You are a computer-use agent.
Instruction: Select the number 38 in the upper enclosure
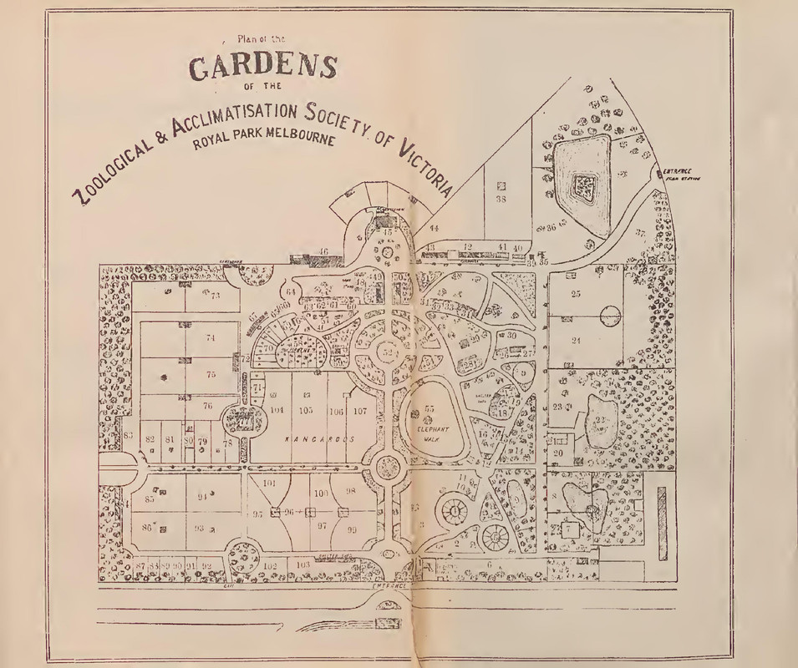501,200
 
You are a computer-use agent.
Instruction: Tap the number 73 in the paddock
214,296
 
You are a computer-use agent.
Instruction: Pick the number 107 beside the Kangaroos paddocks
359,410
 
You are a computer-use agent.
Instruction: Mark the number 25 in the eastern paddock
576,294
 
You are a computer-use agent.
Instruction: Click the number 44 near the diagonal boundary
435,228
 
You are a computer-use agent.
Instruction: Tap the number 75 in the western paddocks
211,375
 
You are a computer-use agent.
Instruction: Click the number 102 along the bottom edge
270,565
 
